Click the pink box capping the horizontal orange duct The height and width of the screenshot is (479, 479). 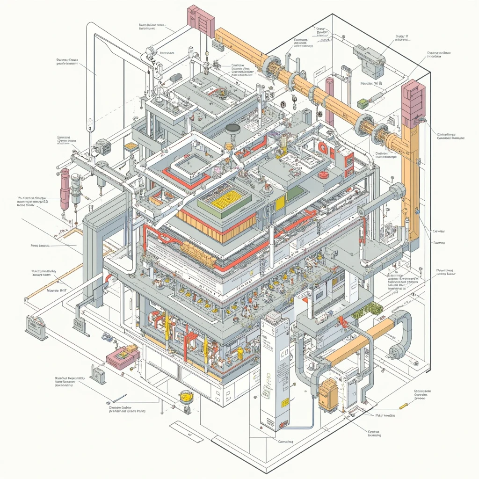point(201,22)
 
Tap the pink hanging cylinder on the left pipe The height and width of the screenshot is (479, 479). point(65,189)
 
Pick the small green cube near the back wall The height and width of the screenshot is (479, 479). point(362,103)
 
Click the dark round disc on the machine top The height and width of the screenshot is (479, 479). point(232,128)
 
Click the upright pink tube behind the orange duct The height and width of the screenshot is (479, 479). point(330,91)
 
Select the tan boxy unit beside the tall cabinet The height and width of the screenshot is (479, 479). point(327,394)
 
